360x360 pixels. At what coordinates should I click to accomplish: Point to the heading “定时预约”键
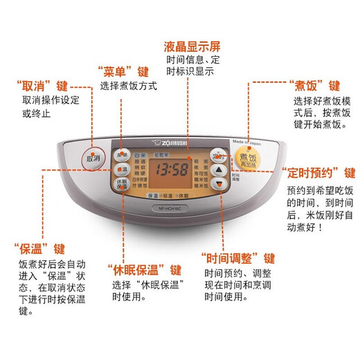click(318, 173)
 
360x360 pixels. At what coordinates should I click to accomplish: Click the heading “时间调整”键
click(237, 258)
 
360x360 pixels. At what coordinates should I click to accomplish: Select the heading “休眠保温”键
click(144, 269)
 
